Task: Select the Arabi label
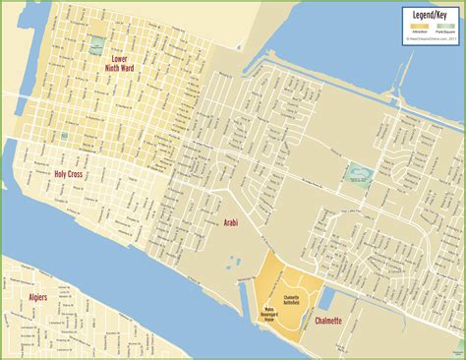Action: point(232,223)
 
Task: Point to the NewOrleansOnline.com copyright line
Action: point(430,39)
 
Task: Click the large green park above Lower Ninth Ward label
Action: point(96,44)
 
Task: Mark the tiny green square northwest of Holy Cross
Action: point(65,135)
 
